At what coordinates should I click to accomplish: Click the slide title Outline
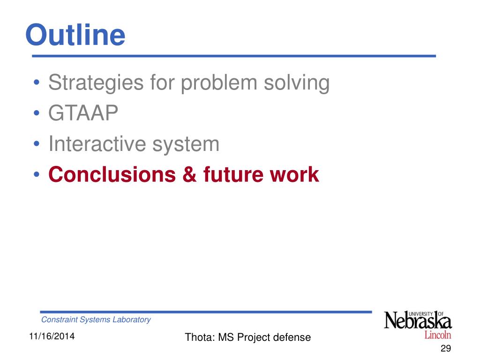pos(75,35)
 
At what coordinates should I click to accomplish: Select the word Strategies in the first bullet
pos(96,83)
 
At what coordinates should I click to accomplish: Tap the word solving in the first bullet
pos(297,83)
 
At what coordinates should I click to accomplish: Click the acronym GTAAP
pos(83,113)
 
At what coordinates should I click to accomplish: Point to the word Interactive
pos(97,143)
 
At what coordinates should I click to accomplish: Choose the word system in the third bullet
pos(186,145)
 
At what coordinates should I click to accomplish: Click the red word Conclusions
pos(112,174)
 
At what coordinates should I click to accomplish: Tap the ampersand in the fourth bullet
pos(189,174)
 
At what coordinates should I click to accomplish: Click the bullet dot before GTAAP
pos(37,113)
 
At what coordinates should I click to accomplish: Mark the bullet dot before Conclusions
pos(37,174)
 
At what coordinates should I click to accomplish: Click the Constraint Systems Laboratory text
pos(96,320)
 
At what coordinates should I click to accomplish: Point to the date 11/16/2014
pos(52,336)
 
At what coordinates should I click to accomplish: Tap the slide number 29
pos(446,348)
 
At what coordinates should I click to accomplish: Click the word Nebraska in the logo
pos(418,321)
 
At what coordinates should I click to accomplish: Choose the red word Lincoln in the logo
pos(438,335)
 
